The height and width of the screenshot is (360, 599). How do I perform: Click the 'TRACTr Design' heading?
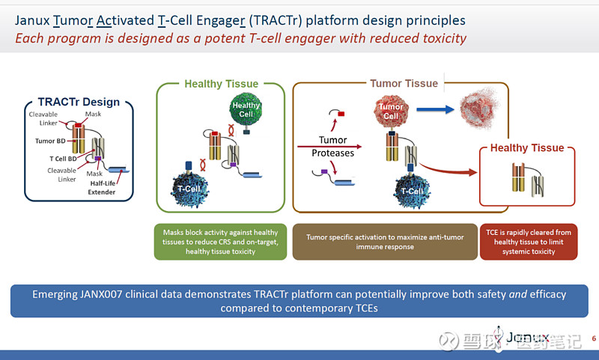pyautogui.click(x=79, y=102)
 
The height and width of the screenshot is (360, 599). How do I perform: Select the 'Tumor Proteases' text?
pyautogui.click(x=333, y=146)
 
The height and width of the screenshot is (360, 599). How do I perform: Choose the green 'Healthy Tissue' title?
pyautogui.click(x=221, y=84)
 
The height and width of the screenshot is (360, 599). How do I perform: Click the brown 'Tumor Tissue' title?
pyautogui.click(x=404, y=83)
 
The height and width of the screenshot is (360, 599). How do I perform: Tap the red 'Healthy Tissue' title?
pyautogui.click(x=526, y=147)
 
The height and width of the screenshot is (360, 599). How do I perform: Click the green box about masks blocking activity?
pyautogui.click(x=221, y=242)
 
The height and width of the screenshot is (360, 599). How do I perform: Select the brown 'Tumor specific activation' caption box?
pyautogui.click(x=385, y=242)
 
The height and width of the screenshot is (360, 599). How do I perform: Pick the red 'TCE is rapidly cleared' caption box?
pyautogui.click(x=528, y=242)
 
